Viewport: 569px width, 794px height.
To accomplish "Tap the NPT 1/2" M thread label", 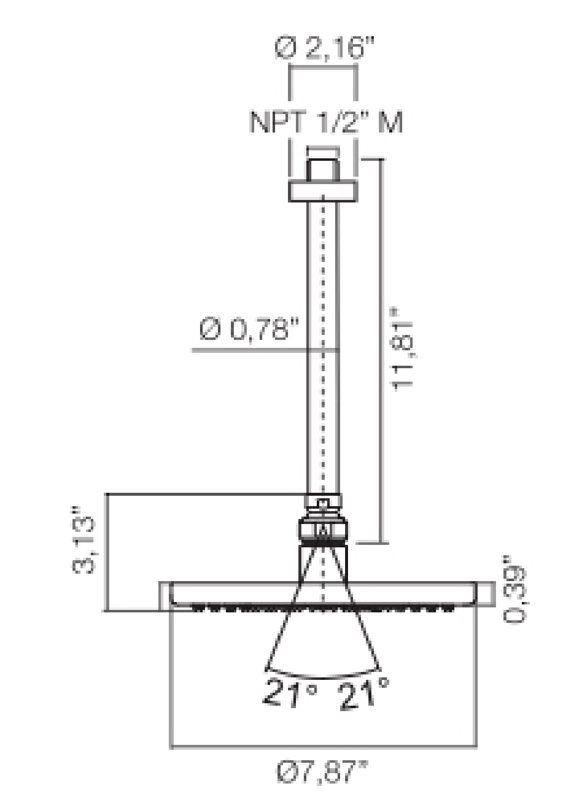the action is [x=326, y=123].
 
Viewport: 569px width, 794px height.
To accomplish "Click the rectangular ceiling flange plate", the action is [x=322, y=192].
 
